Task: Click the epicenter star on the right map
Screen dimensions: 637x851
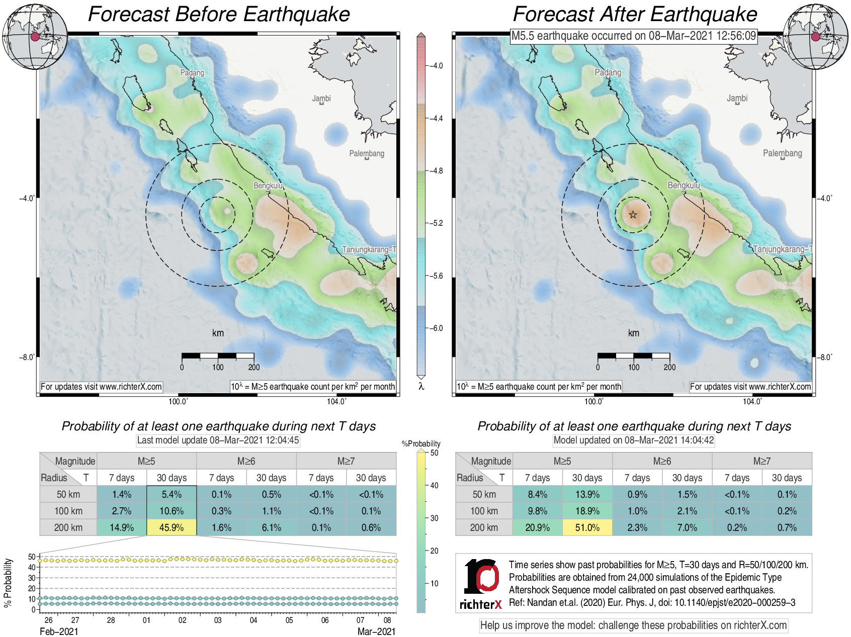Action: click(x=633, y=215)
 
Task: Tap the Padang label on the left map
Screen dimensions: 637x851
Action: click(x=192, y=73)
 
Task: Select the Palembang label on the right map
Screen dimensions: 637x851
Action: click(x=782, y=153)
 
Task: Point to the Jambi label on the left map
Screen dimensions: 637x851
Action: click(x=321, y=99)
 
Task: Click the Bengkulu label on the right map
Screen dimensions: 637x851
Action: click(x=684, y=186)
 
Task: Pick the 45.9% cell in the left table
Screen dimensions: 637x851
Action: click(x=172, y=527)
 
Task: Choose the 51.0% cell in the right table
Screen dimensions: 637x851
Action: click(x=587, y=527)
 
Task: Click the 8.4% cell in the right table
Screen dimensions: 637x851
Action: click(x=537, y=494)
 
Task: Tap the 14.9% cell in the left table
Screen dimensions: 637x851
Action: click(x=122, y=527)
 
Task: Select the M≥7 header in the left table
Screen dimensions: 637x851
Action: click(x=346, y=461)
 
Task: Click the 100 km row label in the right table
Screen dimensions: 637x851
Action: click(x=484, y=511)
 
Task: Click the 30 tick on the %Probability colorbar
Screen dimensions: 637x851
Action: click(x=434, y=518)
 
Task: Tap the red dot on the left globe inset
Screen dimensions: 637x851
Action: click(x=35, y=37)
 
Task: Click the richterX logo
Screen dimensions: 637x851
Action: click(x=481, y=584)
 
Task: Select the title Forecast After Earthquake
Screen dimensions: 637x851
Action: click(x=635, y=14)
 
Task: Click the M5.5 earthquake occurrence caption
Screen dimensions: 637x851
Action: click(x=633, y=36)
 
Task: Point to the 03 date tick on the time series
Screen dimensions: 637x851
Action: click(x=218, y=620)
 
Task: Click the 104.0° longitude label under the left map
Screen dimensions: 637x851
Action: click(x=336, y=401)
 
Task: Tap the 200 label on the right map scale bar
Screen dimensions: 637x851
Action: click(x=669, y=367)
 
